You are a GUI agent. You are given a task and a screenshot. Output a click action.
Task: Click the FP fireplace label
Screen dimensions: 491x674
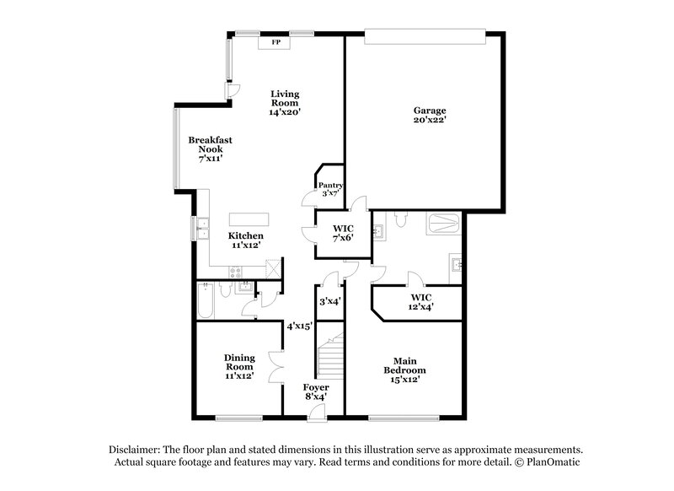point(275,41)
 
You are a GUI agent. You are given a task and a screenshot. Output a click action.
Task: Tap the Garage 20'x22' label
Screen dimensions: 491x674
point(430,116)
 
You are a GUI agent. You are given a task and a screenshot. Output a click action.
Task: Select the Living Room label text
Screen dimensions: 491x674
point(285,102)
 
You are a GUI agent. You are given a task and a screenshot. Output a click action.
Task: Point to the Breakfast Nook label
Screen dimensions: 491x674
point(211,148)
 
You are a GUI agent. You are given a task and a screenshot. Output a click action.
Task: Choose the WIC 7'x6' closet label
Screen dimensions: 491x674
point(342,233)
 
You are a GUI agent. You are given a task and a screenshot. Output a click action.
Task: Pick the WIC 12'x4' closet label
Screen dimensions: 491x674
point(423,303)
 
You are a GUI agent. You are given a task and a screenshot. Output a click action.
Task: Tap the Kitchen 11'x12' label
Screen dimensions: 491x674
point(246,240)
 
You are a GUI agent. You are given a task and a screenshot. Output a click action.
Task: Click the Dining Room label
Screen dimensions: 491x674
point(239,367)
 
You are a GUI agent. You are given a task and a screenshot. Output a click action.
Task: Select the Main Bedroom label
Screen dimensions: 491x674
point(404,370)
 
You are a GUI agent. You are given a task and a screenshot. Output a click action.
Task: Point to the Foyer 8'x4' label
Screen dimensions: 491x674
point(316,392)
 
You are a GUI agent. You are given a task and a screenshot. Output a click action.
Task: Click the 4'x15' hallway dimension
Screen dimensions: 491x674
point(299,326)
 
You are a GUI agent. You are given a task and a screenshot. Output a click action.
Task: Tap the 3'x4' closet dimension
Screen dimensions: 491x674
point(329,300)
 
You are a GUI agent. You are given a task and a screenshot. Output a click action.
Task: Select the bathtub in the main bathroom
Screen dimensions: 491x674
point(443,225)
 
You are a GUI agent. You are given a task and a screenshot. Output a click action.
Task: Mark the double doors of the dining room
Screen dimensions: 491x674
point(275,368)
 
